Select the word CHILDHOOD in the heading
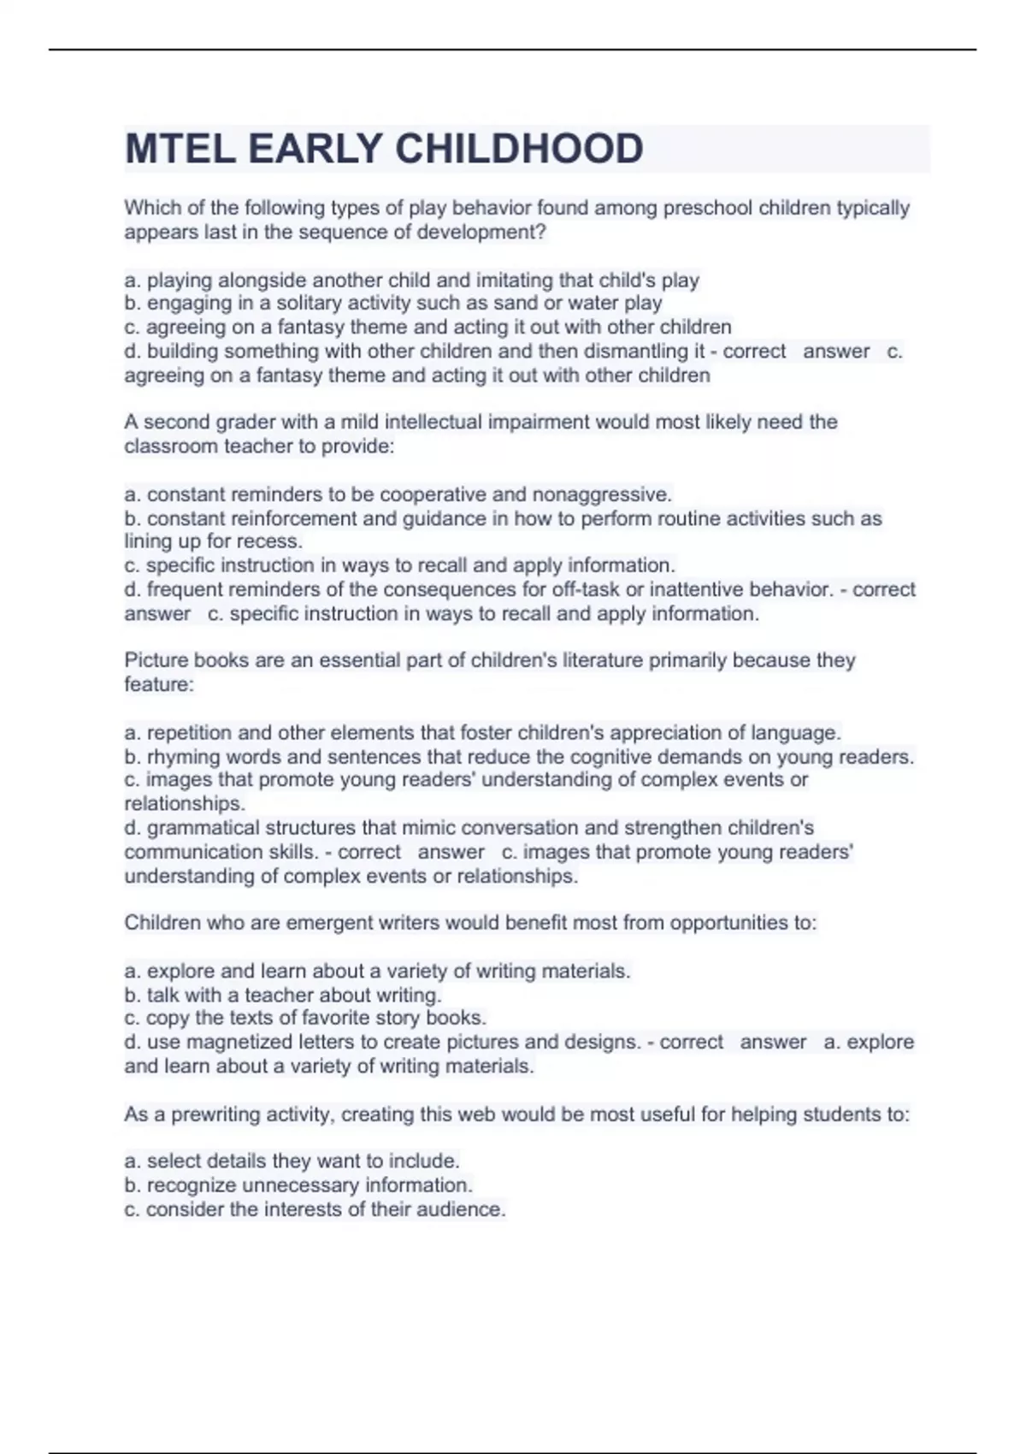click(519, 149)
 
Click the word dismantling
click(632, 351)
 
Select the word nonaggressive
click(602, 494)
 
